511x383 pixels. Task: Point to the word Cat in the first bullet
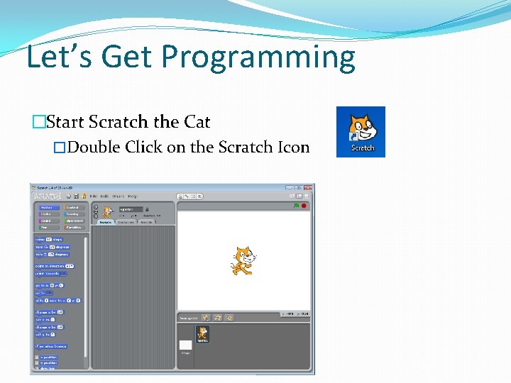[197, 122]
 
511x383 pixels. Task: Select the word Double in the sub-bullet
[94, 148]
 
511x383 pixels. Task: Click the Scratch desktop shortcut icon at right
[361, 131]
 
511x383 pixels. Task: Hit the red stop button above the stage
[304, 206]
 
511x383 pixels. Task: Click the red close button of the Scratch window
[309, 188]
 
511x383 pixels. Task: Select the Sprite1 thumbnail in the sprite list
[203, 334]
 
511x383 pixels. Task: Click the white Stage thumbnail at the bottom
[185, 345]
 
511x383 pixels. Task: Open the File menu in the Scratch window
[93, 196]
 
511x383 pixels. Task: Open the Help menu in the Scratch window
[131, 196]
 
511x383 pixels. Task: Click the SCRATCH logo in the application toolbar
[47, 196]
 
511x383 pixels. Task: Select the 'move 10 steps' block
[49, 239]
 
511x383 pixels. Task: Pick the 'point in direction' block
[54, 265]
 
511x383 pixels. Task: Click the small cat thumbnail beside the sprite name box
[108, 211]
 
